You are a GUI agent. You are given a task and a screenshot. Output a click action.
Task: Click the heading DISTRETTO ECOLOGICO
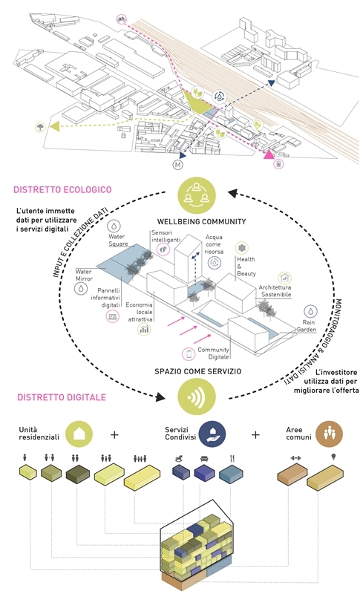62,189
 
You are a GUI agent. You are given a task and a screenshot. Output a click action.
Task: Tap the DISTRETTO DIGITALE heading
62,397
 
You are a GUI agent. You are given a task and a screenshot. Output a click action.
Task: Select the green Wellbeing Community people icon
197,196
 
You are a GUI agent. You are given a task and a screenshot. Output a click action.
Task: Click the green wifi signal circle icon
197,396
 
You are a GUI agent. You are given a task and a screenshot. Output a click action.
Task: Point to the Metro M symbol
177,164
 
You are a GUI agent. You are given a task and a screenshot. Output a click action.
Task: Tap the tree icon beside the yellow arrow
40,126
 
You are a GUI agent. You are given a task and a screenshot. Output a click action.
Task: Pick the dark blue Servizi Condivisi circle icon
212,434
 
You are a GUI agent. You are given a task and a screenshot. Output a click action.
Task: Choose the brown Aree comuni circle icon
330,434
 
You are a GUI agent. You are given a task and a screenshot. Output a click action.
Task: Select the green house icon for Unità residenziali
79,434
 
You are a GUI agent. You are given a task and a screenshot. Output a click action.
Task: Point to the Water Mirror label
84,275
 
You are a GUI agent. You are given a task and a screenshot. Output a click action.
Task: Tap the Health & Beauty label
246,267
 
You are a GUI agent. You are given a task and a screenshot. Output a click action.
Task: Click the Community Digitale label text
214,353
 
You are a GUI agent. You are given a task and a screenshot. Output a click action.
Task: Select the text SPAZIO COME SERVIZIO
197,371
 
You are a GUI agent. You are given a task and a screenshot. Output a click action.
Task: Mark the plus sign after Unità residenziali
114,434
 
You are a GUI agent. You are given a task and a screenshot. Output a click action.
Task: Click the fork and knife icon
232,458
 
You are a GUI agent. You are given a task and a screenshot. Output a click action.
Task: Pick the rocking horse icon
180,459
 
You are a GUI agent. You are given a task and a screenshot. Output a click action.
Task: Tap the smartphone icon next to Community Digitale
189,354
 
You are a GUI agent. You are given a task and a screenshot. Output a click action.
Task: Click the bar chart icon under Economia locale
144,329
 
